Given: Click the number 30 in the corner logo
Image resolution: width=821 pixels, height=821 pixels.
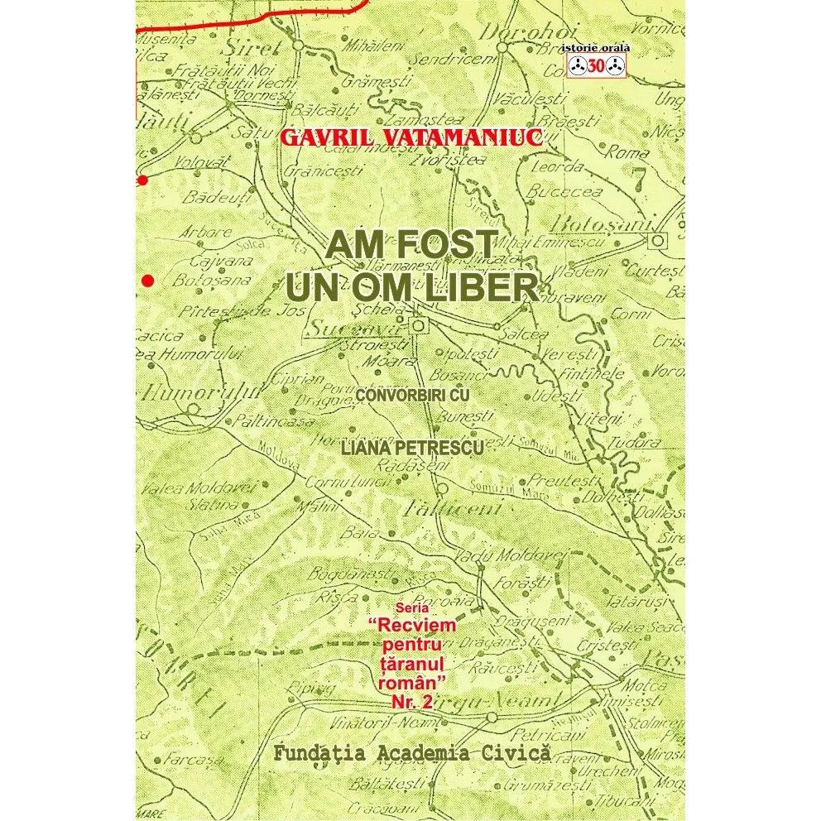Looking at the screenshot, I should click(x=596, y=69).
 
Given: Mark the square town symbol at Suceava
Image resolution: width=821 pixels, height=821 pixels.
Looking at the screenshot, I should click(x=419, y=326).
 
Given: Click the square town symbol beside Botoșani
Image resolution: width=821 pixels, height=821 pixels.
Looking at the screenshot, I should click(x=658, y=240).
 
